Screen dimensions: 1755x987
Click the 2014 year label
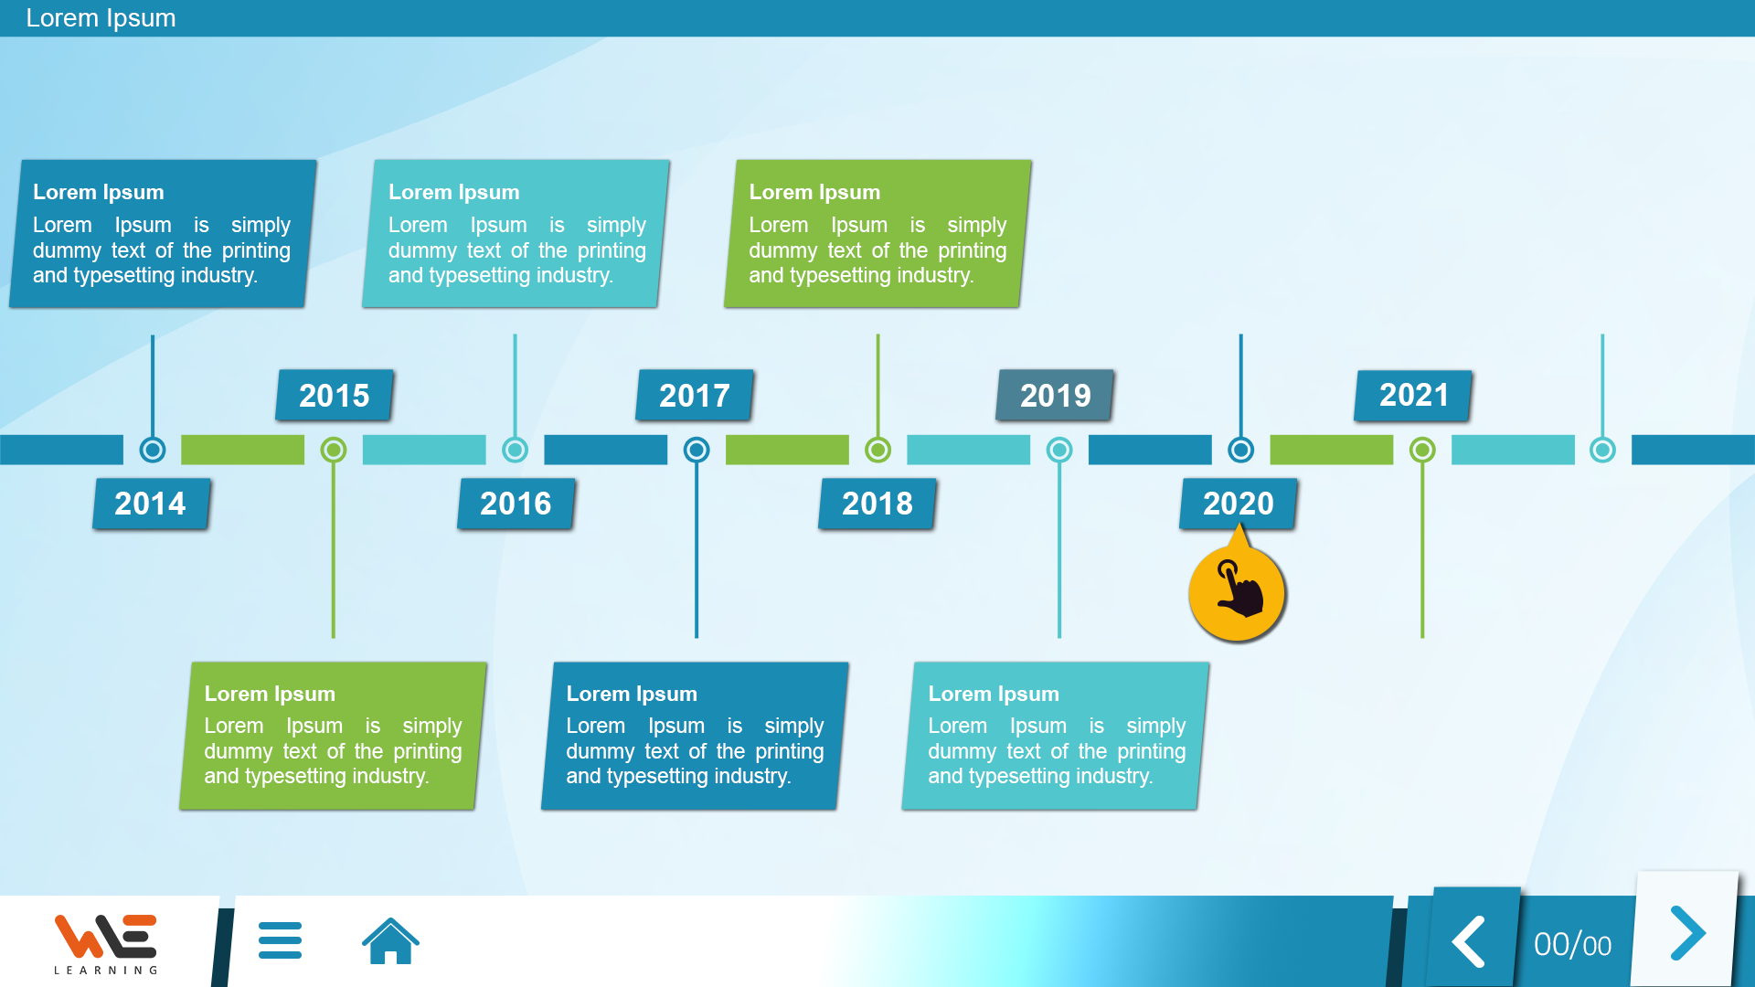(x=151, y=504)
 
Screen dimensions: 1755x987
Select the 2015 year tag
(x=335, y=395)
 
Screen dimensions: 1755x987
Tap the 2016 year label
(x=516, y=504)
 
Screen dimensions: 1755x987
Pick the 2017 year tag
(x=695, y=395)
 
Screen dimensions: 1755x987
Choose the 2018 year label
(x=877, y=504)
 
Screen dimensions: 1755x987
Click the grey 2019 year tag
(x=1055, y=395)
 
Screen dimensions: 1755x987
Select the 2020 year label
(x=1239, y=504)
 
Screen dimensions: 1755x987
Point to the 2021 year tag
(x=1413, y=395)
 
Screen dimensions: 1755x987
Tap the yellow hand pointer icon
(x=1238, y=593)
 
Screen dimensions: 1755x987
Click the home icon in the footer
(x=390, y=940)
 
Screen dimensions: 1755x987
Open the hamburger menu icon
(x=280, y=940)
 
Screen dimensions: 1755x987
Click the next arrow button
(x=1686, y=933)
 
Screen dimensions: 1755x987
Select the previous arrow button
(x=1469, y=940)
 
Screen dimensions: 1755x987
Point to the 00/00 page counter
(x=1572, y=945)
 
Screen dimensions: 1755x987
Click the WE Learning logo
(x=106, y=943)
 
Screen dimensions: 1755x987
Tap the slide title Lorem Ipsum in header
(x=101, y=18)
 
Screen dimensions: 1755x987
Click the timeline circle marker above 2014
(x=153, y=450)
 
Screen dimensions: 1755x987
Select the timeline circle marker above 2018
(x=877, y=450)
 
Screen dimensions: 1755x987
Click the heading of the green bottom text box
(x=270, y=694)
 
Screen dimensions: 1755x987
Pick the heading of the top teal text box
(x=453, y=192)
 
